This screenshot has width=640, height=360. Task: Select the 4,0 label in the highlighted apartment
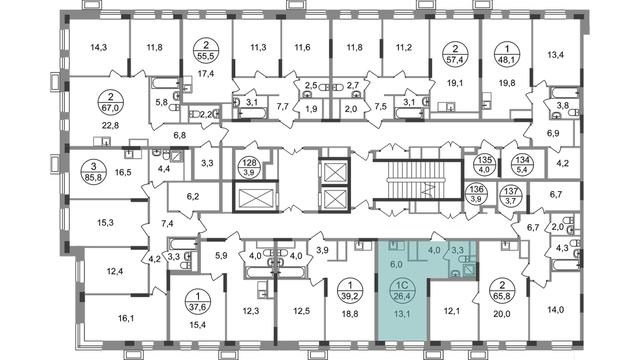[434, 249]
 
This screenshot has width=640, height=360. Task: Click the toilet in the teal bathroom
[464, 260]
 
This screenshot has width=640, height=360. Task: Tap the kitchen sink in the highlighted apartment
[394, 246]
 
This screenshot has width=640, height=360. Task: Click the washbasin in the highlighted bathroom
[454, 273]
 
